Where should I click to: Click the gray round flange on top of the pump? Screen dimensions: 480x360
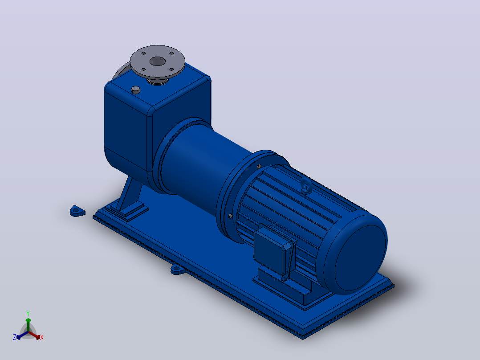(157, 61)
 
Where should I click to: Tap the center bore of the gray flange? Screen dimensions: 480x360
(157, 61)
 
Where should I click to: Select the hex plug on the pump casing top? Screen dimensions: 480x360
(136, 90)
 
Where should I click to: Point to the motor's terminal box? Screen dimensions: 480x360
(274, 249)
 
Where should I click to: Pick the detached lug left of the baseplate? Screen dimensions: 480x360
(77, 211)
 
